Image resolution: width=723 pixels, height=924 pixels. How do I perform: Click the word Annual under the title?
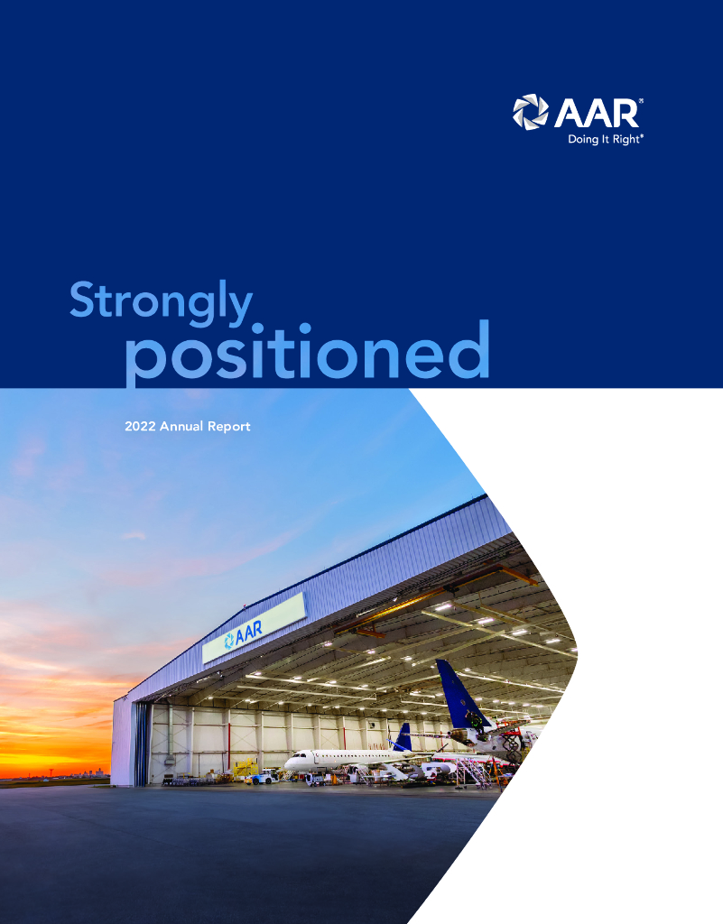(x=184, y=426)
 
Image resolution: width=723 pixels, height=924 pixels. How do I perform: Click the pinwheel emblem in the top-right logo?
(x=530, y=113)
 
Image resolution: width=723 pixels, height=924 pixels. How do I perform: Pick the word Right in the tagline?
(x=626, y=140)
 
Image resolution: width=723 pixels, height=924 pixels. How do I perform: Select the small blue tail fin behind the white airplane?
(x=403, y=737)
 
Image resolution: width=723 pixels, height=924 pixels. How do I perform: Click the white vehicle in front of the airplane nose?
(x=264, y=776)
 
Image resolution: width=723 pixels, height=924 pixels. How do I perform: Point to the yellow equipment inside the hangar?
(x=245, y=769)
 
